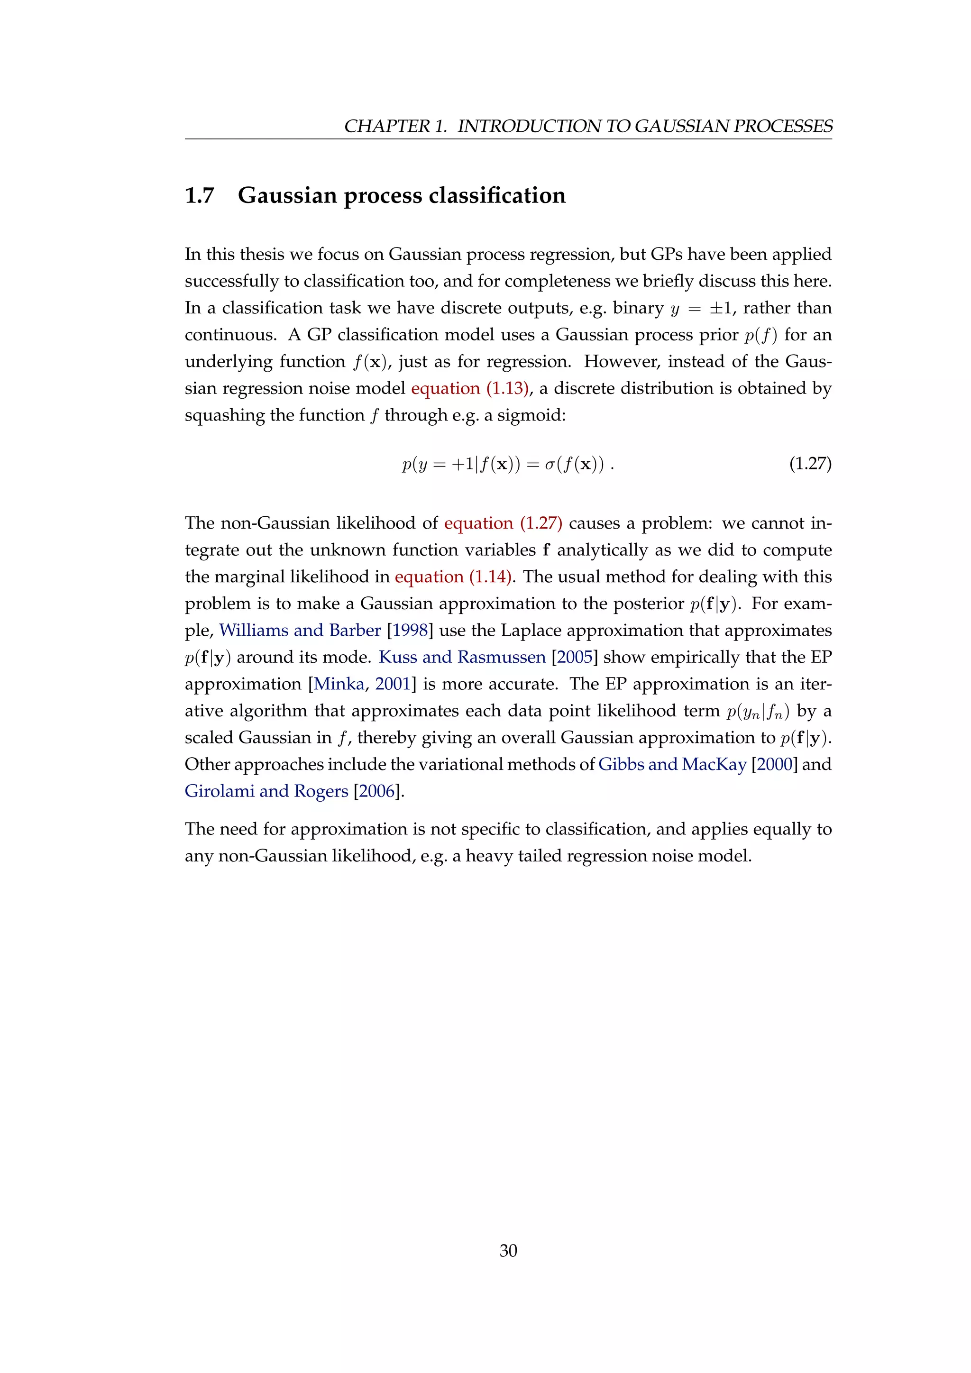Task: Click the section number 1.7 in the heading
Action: pyautogui.click(x=199, y=195)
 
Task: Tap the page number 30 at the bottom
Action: pyautogui.click(x=508, y=1250)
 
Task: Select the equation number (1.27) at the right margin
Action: pyautogui.click(x=810, y=464)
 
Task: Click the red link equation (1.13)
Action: pyautogui.click(x=470, y=389)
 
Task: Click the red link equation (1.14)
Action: pyautogui.click(x=453, y=577)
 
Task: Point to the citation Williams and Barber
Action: pyautogui.click(x=300, y=630)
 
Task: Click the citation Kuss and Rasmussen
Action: pyautogui.click(x=462, y=657)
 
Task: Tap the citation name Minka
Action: pyautogui.click(x=339, y=684)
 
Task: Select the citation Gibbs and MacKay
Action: pyautogui.click(x=673, y=765)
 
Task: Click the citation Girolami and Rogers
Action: pyautogui.click(x=266, y=791)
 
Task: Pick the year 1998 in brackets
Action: pyautogui.click(x=410, y=630)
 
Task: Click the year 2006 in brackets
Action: pyautogui.click(x=376, y=791)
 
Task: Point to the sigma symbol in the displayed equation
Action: pyautogui.click(x=550, y=465)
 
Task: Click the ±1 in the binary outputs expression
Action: pyautogui.click(x=720, y=309)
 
